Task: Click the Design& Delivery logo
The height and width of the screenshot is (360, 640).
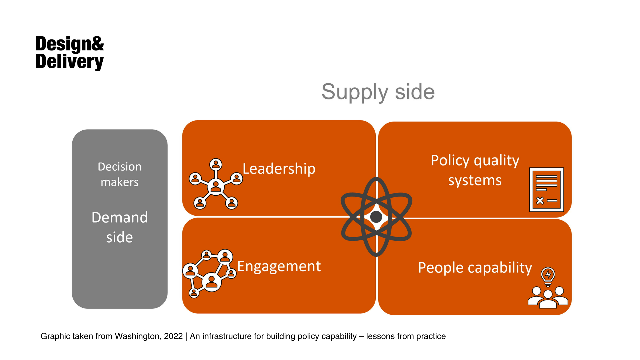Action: (x=69, y=53)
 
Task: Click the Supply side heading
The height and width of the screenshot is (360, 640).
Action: (x=378, y=92)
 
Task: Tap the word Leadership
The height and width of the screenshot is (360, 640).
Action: (x=279, y=169)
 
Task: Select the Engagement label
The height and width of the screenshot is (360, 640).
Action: (x=279, y=266)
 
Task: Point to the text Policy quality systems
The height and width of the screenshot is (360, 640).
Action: (x=475, y=170)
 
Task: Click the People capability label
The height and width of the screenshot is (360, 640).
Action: (x=475, y=268)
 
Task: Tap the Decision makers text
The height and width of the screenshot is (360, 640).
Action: (x=120, y=174)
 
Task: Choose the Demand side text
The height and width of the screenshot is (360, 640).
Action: (x=120, y=227)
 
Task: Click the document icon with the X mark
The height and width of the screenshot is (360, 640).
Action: (x=546, y=190)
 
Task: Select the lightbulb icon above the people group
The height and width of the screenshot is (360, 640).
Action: (x=548, y=276)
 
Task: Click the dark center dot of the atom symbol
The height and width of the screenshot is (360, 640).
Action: (x=376, y=217)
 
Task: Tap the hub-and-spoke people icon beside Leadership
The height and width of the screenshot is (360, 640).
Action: (x=216, y=184)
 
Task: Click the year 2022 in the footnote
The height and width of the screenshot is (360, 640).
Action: (x=173, y=336)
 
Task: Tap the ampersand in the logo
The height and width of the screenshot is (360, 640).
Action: (x=97, y=44)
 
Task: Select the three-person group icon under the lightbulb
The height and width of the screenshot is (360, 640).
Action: (x=548, y=297)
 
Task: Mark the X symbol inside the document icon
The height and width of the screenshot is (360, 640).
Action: (x=540, y=201)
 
